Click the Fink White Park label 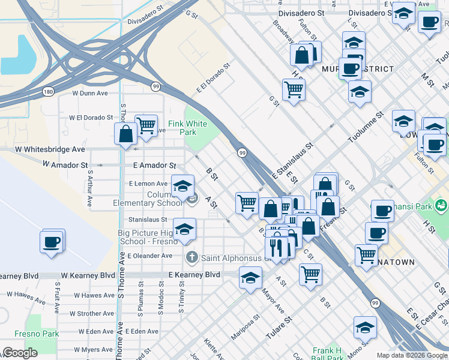pyautogui.click(x=187, y=128)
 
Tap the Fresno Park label pyautogui.click(x=42, y=333)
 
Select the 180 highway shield pyautogui.click(x=49, y=91)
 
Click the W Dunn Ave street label pyautogui.click(x=90, y=93)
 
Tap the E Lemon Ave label pyautogui.click(x=148, y=184)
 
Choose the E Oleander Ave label pyautogui.click(x=149, y=256)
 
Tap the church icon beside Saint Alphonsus pyautogui.click(x=191, y=258)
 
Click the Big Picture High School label pyautogui.click(x=145, y=237)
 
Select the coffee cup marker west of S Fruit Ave pyautogui.click(x=52, y=242)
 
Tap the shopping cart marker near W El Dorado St pyautogui.click(x=146, y=125)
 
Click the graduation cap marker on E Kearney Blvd pyautogui.click(x=250, y=277)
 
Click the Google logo pyautogui.click(x=20, y=353)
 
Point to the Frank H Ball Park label pyautogui.click(x=327, y=354)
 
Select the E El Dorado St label pyautogui.click(x=214, y=79)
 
